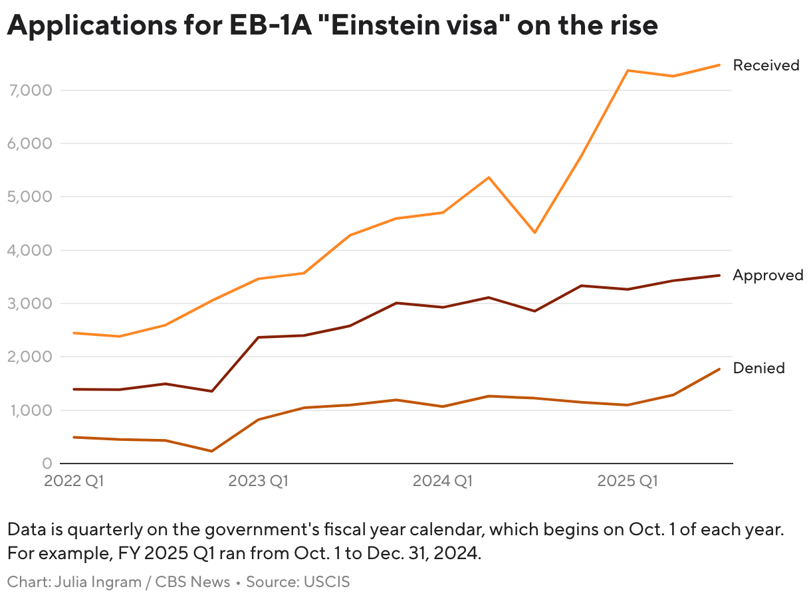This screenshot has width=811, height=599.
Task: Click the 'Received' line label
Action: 766,65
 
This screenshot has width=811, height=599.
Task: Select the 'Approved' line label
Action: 768,275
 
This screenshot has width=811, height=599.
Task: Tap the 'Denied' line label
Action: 758,368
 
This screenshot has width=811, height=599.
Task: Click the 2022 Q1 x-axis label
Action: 74,481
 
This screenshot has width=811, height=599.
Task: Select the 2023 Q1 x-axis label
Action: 258,481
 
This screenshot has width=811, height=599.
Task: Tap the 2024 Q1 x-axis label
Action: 443,481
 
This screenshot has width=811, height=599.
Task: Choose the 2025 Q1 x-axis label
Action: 627,481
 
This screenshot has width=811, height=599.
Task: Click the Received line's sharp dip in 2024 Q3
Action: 534,232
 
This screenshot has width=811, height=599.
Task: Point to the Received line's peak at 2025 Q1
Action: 627,70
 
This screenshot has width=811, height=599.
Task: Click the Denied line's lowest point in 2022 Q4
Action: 211,451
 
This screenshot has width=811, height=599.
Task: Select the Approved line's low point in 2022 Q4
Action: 211,391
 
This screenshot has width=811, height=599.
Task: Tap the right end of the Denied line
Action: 719,369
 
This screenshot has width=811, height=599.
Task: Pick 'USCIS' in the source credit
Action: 326,582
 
